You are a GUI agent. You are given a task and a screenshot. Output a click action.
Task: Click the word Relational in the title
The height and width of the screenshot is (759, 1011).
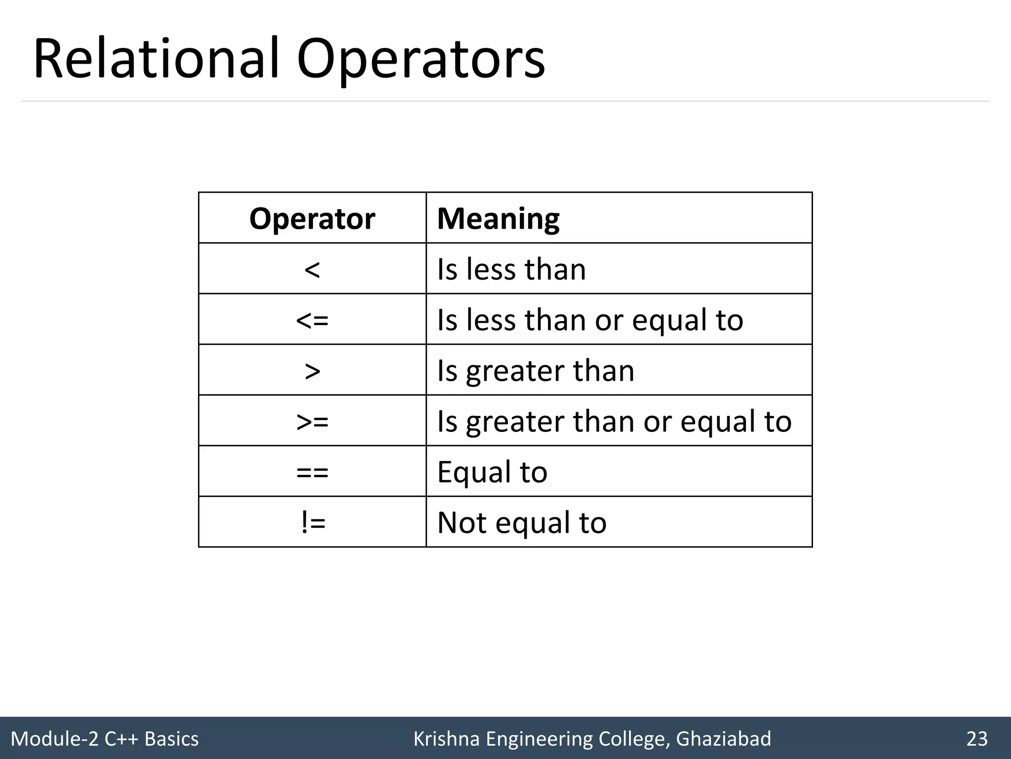[x=156, y=59]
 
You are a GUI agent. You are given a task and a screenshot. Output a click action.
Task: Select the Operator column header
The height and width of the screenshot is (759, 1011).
[x=312, y=218]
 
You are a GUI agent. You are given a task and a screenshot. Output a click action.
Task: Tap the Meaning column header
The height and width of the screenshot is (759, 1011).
[x=498, y=219]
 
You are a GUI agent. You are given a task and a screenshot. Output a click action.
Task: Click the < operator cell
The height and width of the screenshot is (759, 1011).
[x=312, y=270]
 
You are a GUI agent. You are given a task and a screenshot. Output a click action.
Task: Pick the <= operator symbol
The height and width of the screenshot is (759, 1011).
[x=312, y=321]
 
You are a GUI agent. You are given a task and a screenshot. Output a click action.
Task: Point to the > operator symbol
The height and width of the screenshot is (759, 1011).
[x=312, y=371]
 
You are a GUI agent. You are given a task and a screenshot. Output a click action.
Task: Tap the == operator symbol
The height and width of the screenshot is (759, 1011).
[x=312, y=472]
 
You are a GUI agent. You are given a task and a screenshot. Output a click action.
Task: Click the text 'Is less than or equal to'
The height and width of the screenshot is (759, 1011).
[x=590, y=320]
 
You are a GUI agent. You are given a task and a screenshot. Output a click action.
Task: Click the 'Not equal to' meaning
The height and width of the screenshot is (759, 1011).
[x=522, y=523]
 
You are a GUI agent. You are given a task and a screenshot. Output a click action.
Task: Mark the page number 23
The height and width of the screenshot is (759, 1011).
[x=976, y=739]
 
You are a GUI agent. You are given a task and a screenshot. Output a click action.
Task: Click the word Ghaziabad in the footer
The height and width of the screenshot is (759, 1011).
[x=723, y=739]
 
